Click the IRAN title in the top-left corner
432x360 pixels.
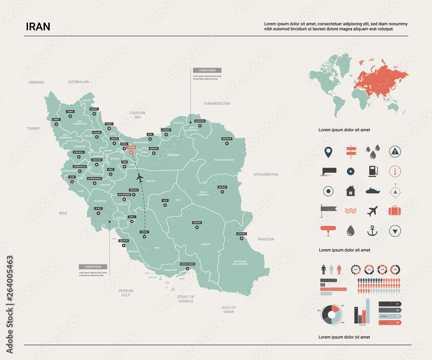point(38,26)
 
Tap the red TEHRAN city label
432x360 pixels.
point(131,147)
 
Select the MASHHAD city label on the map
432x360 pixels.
point(227,139)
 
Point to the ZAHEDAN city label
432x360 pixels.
point(241,234)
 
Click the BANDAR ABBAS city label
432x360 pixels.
point(187,264)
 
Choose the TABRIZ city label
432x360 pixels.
point(70,112)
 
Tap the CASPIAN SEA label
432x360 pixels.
point(137,115)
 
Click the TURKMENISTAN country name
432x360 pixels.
point(217,104)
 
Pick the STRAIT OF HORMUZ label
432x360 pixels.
point(186,299)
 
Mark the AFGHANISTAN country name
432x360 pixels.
point(266,175)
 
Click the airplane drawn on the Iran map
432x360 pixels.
point(140,177)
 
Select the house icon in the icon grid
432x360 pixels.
point(350,191)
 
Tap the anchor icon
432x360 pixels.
point(372,231)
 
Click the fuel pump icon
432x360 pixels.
point(372,171)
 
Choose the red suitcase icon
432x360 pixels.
point(395,211)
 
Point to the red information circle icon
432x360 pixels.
point(395,171)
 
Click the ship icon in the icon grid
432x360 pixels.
point(372,190)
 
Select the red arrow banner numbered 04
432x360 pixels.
point(390,322)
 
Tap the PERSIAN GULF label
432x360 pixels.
point(126,293)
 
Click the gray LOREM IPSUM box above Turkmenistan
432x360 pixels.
point(207,70)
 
